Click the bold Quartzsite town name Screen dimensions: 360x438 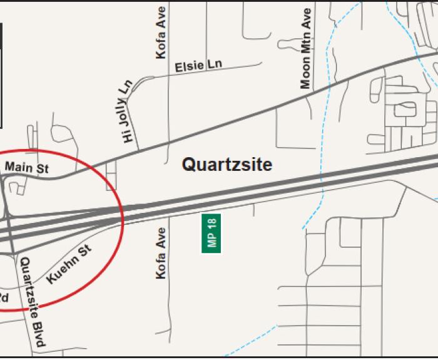point(227,165)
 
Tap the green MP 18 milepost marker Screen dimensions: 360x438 point(211,233)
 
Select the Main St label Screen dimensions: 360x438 point(26,167)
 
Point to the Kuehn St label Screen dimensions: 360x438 point(69,264)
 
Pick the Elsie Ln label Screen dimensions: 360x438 point(198,66)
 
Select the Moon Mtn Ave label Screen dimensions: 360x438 point(305,48)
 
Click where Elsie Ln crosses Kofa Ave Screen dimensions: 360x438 point(168,73)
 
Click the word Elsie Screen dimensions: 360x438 point(188,67)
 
